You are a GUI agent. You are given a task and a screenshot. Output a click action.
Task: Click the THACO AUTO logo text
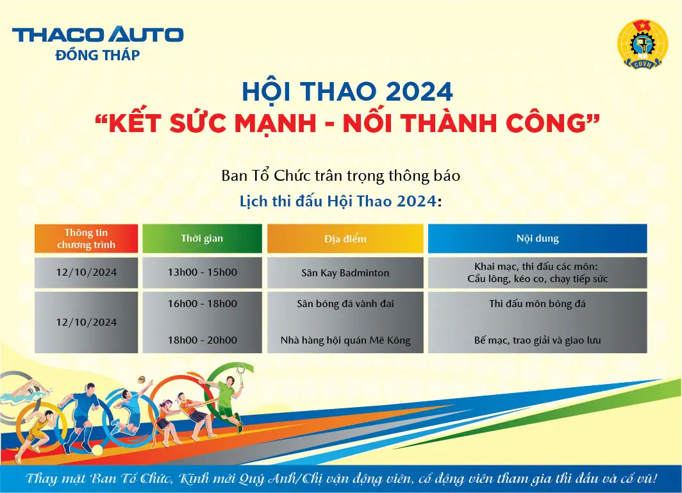click(x=97, y=35)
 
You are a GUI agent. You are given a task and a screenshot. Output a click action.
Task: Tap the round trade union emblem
click(x=642, y=44)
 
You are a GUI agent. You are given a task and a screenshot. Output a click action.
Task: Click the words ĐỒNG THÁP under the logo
click(x=97, y=55)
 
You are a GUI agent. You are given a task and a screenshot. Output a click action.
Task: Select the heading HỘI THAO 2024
click(x=347, y=92)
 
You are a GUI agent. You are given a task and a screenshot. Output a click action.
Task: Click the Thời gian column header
click(x=202, y=238)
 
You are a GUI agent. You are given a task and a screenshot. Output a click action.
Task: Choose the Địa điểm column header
click(x=345, y=238)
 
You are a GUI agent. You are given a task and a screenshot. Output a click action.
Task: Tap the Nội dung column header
click(x=537, y=238)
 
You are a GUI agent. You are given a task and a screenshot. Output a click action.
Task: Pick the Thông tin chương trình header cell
click(x=87, y=238)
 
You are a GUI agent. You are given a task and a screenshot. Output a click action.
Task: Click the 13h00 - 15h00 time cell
click(x=202, y=272)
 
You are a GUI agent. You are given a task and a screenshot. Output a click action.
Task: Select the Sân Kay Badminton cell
click(x=345, y=273)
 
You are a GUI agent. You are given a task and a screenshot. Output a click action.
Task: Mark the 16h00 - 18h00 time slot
click(x=202, y=304)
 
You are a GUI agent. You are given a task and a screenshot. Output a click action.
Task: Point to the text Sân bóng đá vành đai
click(x=345, y=304)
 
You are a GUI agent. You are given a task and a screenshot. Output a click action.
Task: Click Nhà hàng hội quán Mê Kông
click(x=345, y=340)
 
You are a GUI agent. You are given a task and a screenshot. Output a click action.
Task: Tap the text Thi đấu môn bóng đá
click(x=537, y=304)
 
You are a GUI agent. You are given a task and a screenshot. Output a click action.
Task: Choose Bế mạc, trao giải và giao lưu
click(x=537, y=340)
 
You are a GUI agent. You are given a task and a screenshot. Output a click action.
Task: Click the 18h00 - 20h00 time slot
click(x=202, y=340)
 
